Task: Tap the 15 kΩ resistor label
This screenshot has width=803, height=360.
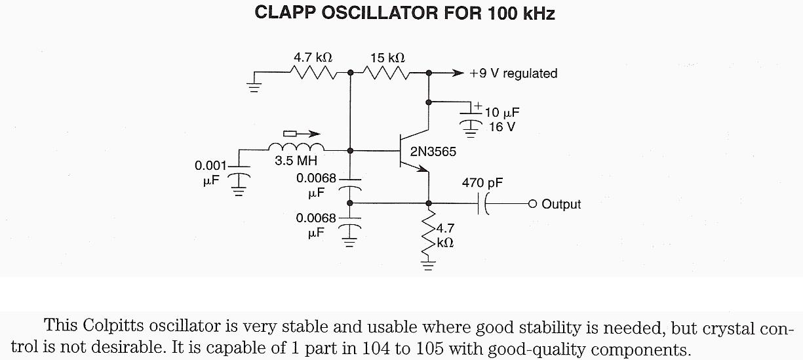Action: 387,58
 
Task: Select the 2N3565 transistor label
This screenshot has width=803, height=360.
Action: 433,152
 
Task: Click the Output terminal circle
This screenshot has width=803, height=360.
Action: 532,203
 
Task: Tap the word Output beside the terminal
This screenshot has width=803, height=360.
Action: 561,205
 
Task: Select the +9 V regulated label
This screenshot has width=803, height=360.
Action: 513,73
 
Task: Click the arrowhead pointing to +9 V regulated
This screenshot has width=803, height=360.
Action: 458,73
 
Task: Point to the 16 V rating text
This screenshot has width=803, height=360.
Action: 502,127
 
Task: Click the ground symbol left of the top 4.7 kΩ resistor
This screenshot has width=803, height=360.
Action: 253,85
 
